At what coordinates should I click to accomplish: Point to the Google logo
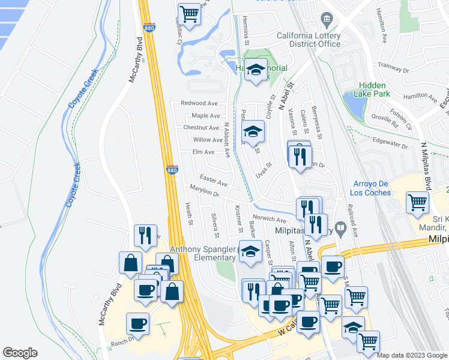pos(20,352)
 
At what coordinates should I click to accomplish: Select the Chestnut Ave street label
pos(201,128)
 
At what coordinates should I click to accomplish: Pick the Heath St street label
pos(188,214)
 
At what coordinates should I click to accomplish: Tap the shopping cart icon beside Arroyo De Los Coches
pos(417,202)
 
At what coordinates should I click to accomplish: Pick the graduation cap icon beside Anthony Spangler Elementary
pos(250,252)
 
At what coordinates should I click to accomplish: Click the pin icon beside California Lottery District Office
pos(327,20)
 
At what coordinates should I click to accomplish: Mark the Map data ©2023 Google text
pos(411,355)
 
